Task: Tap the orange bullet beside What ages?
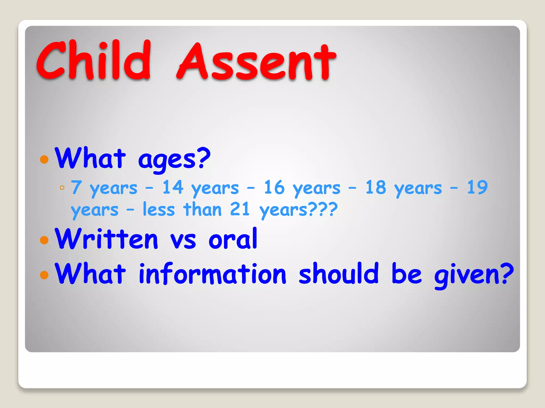[x=44, y=159]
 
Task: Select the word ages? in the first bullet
[x=174, y=159]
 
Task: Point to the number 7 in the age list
[x=76, y=187]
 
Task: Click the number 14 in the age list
[x=173, y=187]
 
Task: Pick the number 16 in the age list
[x=274, y=187]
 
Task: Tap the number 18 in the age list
[x=375, y=187]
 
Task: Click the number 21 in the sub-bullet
[x=240, y=209]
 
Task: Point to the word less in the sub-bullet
[x=159, y=209]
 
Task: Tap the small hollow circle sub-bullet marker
[x=62, y=188]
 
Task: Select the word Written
[x=106, y=239]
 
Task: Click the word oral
[x=233, y=239]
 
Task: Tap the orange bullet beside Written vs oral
[x=44, y=240]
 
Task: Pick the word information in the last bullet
[x=212, y=274]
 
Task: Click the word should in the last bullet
[x=338, y=273]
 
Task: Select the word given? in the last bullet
[x=474, y=275]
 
